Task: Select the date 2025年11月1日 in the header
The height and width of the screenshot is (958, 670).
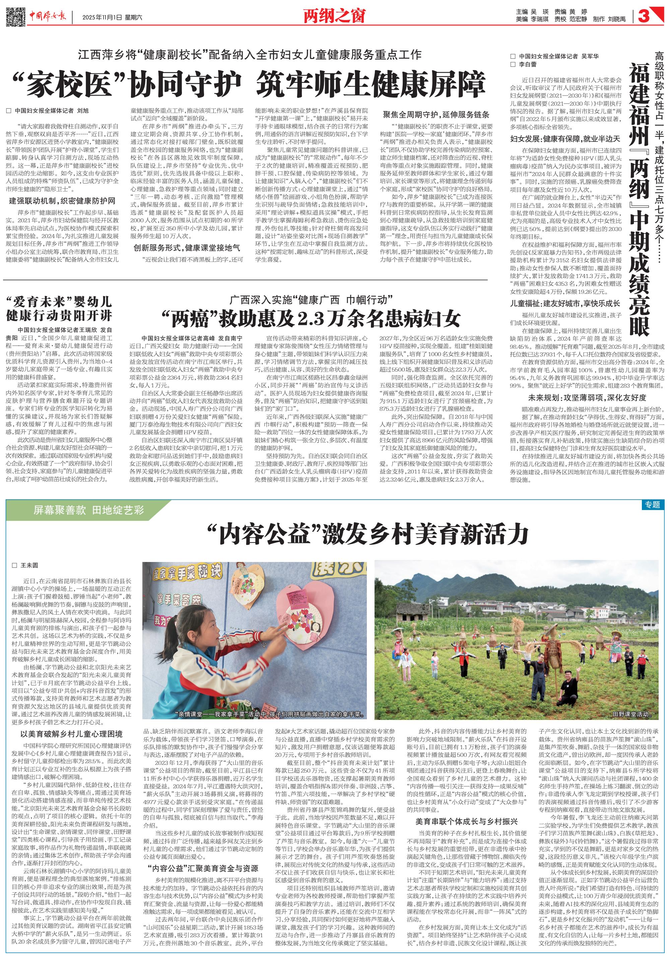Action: [x=102, y=17]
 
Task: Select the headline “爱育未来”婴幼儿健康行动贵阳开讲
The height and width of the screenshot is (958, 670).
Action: [x=59, y=308]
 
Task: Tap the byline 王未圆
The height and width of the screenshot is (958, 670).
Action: [x=29, y=565]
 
